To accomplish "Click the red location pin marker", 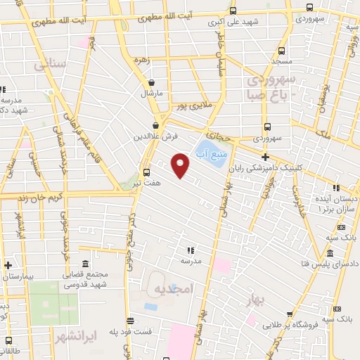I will point(181,165).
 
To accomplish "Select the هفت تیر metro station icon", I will point(147,172).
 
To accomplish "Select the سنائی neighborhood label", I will point(49,64).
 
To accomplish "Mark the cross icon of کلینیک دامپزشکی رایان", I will point(265,157).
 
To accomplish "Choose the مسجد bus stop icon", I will point(282,51).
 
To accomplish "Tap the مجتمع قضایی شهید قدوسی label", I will point(88,279).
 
